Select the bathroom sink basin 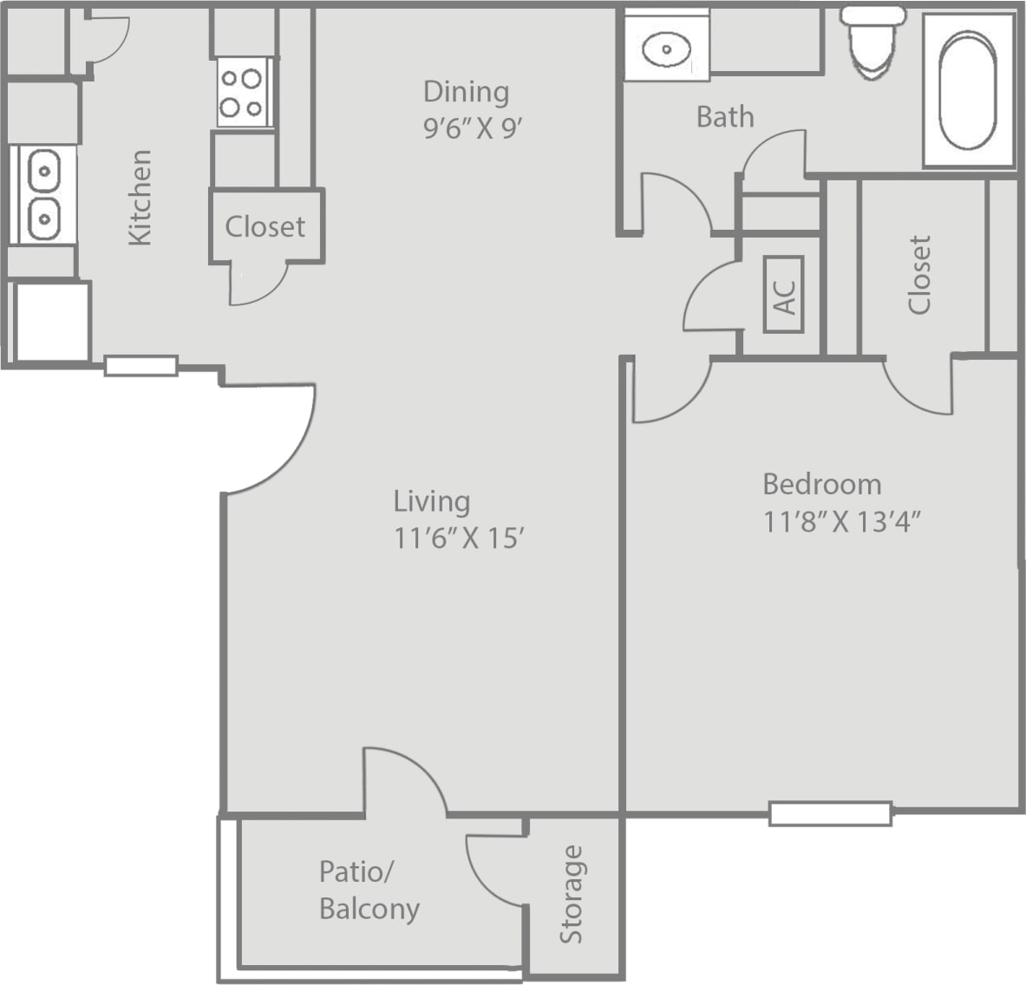(x=666, y=49)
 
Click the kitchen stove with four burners (x=242, y=93)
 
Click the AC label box (x=784, y=295)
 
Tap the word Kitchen (x=141, y=198)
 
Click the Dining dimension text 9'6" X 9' (x=473, y=129)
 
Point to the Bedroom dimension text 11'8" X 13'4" (x=840, y=522)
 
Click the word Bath (x=725, y=117)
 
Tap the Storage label (x=572, y=894)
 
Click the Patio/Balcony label (x=369, y=890)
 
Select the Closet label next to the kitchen (x=265, y=227)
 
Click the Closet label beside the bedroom (x=919, y=274)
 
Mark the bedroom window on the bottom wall (x=830, y=813)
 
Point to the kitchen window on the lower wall (x=141, y=366)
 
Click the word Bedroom (x=821, y=484)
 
